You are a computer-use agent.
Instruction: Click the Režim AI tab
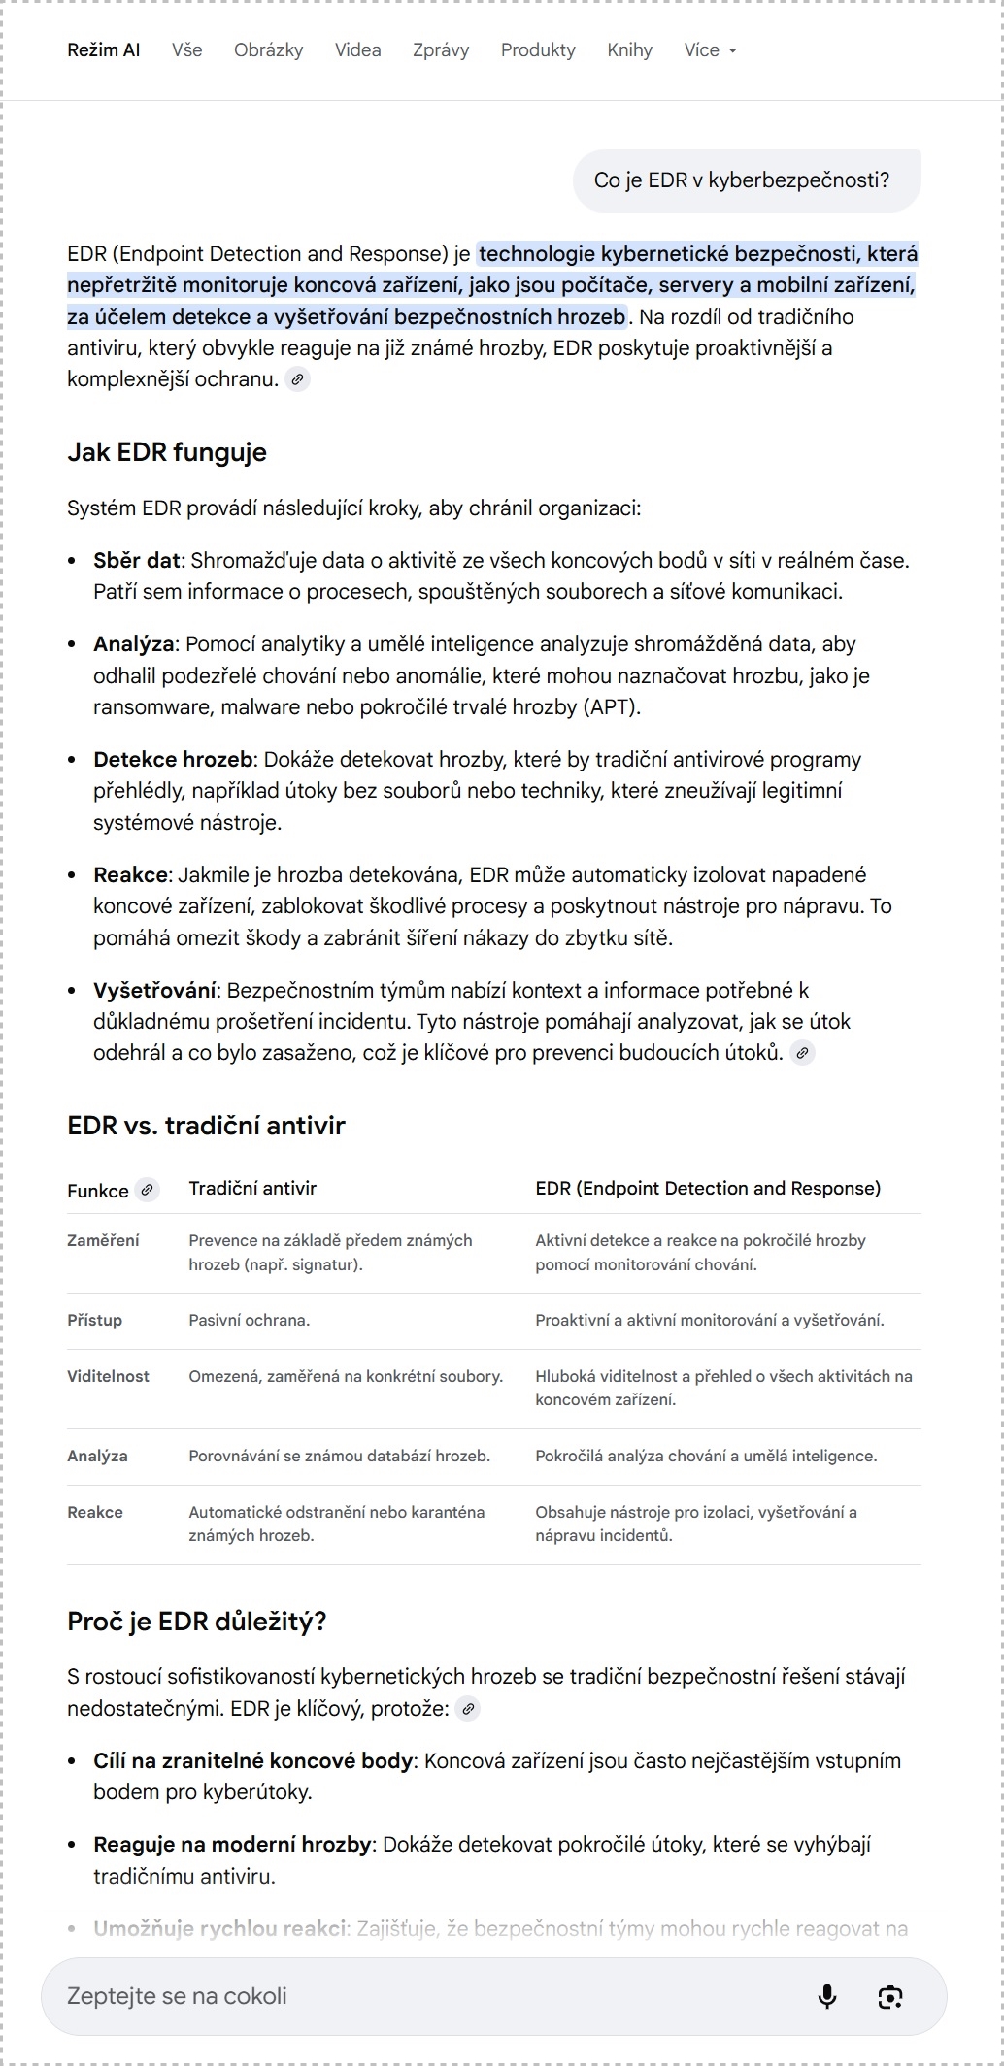[x=104, y=50]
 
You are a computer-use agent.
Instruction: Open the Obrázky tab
[x=268, y=50]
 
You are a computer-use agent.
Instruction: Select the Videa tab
[x=357, y=50]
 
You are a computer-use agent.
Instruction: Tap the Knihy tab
[x=629, y=50]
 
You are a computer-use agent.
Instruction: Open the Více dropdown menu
[x=710, y=50]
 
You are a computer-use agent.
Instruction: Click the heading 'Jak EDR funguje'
[x=167, y=452]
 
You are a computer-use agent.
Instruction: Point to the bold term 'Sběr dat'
[x=137, y=560]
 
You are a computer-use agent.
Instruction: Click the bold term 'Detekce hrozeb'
[x=173, y=760]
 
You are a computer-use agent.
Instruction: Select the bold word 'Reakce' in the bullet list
[x=130, y=875]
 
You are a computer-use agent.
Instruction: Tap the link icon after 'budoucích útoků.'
[x=802, y=1053]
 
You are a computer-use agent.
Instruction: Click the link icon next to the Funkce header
[x=147, y=1189]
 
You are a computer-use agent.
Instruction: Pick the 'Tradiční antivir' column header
[x=252, y=1189]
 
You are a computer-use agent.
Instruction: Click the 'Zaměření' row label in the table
[x=103, y=1240]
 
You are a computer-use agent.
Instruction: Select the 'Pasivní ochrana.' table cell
[x=250, y=1320]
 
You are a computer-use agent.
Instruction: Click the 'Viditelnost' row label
[x=108, y=1376]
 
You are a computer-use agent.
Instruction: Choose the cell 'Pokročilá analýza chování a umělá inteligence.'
[x=706, y=1456]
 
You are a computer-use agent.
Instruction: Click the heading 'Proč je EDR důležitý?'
[x=197, y=1622]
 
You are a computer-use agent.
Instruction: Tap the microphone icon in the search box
[x=827, y=1996]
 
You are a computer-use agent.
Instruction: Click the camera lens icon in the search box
[x=890, y=1996]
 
